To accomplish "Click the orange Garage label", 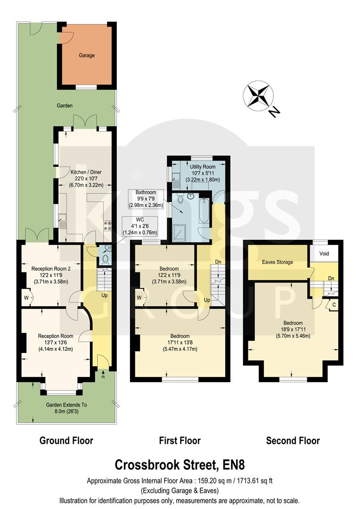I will click(x=86, y=55).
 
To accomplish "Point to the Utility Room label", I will click(x=202, y=167).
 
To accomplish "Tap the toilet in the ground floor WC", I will click(x=105, y=259).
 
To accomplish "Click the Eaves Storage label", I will click(x=278, y=262).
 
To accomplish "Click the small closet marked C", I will click(x=334, y=305).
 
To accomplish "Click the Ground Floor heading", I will click(x=66, y=441).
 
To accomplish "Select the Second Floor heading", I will click(x=293, y=441).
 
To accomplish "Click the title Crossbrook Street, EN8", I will click(x=180, y=466).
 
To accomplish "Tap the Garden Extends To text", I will click(x=66, y=404).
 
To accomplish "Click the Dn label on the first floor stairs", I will click(x=218, y=262).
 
